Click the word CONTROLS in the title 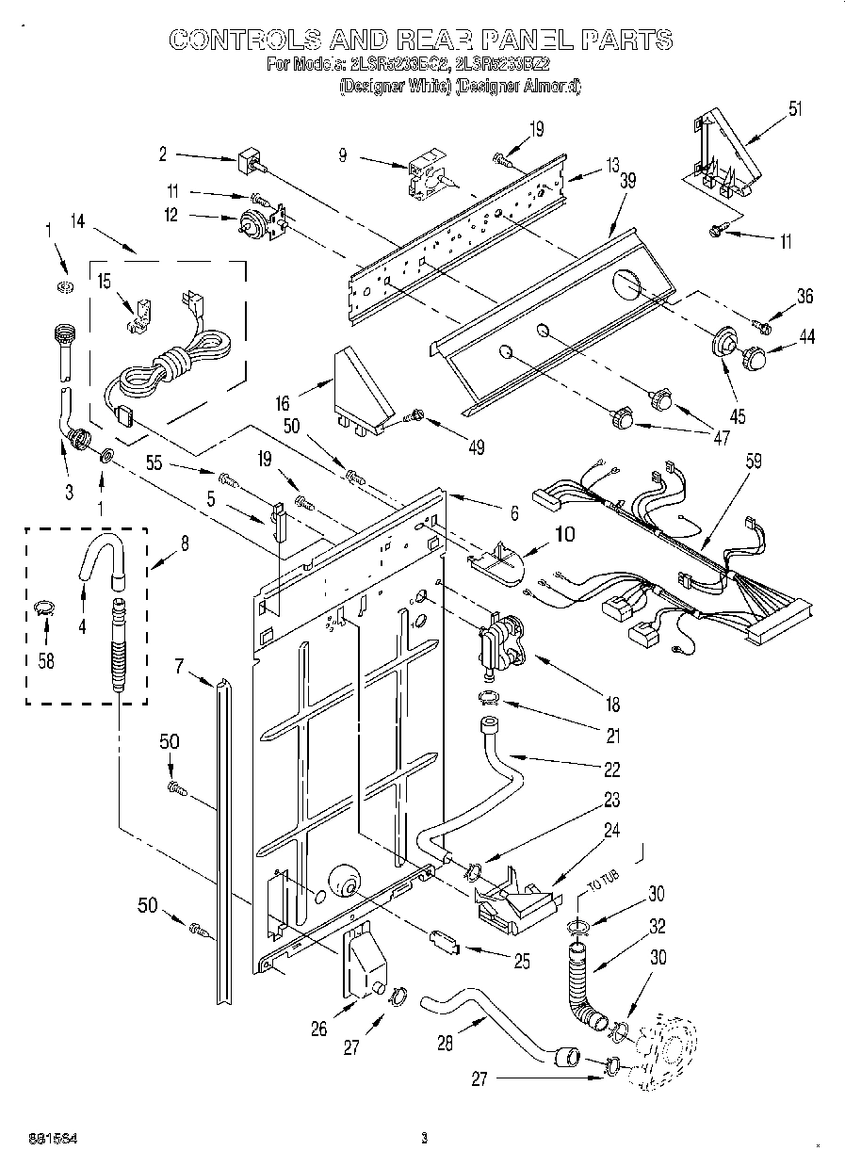click(242, 39)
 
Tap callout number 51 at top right click(796, 106)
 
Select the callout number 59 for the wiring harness click(753, 462)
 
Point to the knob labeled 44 click(755, 358)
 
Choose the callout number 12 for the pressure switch click(170, 216)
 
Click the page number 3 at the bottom click(425, 1138)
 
